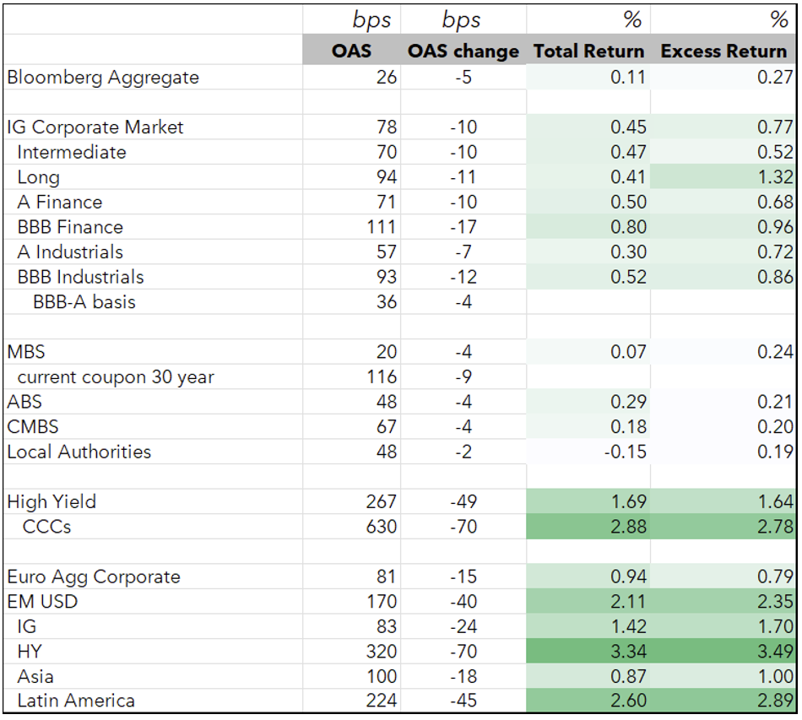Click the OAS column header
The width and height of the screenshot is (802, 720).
(351, 51)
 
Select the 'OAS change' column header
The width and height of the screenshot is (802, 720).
(463, 51)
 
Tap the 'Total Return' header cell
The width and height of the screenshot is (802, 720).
(588, 51)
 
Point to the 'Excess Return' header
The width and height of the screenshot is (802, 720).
(723, 51)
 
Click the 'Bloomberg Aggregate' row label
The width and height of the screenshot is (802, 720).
(103, 77)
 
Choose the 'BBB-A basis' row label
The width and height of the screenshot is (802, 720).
(84, 301)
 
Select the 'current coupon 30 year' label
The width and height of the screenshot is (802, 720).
(116, 376)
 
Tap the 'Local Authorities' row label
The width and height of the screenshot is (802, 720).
(79, 452)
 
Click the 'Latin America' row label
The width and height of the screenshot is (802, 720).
(76, 701)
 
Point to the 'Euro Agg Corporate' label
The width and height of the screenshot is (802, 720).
(94, 577)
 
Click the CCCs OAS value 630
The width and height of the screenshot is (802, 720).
(381, 527)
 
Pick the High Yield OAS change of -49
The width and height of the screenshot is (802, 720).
(463, 501)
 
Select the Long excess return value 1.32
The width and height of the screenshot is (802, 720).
(775, 177)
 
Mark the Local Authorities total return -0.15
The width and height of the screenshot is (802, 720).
(625, 452)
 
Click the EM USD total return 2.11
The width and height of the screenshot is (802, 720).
(629, 602)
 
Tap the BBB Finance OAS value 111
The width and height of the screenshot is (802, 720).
(382, 227)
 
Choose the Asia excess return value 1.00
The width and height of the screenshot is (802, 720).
(775, 677)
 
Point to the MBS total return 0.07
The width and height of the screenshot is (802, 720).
(629, 352)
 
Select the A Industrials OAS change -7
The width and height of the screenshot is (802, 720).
(463, 252)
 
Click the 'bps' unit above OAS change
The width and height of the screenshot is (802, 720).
(461, 20)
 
